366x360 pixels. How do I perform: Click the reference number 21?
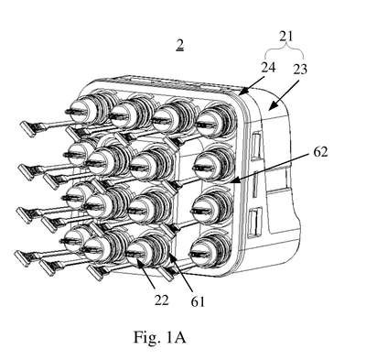286,37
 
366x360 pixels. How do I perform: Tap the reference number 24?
268,68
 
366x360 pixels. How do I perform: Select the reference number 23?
300,69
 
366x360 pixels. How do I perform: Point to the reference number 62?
320,151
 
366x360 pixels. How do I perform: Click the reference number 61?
198,301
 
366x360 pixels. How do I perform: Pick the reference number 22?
161,300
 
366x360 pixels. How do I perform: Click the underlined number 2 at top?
180,46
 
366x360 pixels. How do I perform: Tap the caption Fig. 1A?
159,337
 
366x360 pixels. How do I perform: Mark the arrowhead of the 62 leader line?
235,180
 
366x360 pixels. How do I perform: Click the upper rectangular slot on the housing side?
256,146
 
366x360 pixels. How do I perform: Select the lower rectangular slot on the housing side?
254,223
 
